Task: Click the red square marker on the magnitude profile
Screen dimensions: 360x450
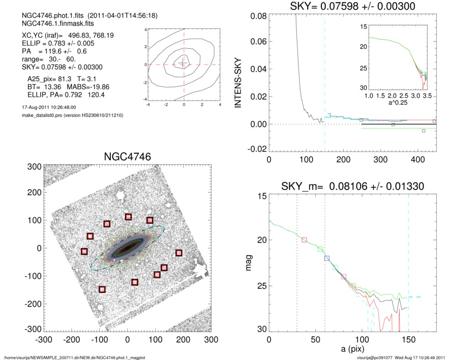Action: click(x=305, y=239)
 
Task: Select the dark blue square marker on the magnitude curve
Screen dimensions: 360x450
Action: click(x=327, y=258)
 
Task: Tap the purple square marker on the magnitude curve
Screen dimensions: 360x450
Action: click(x=344, y=277)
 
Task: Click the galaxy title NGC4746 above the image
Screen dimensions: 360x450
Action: click(x=127, y=156)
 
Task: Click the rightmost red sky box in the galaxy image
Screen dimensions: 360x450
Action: click(x=179, y=253)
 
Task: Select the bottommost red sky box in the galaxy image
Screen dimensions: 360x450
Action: click(x=102, y=289)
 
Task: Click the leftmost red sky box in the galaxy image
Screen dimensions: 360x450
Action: click(x=84, y=251)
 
